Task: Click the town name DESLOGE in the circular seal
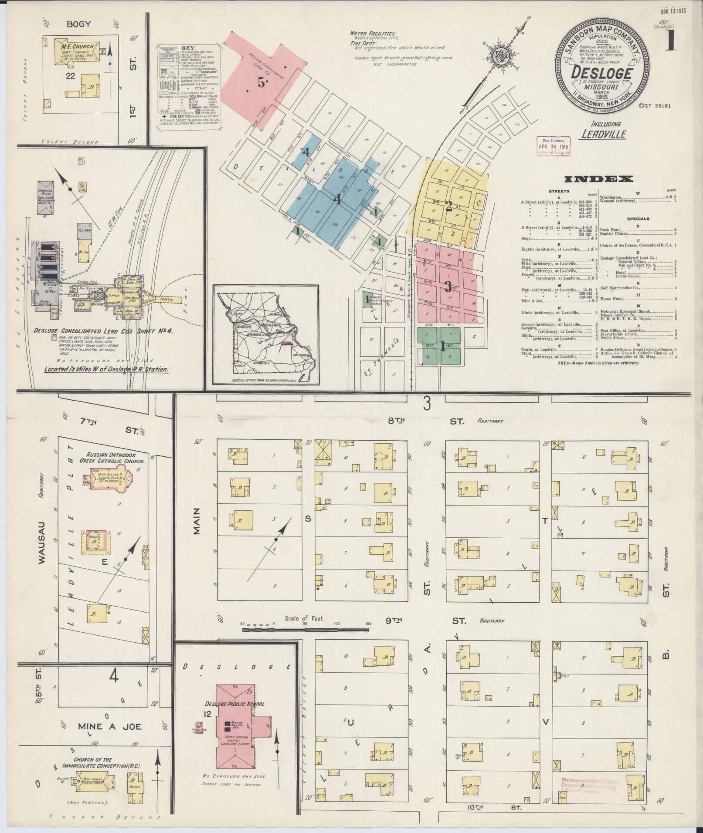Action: [602, 73]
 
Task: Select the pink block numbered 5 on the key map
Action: [261, 83]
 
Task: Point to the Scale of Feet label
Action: [305, 618]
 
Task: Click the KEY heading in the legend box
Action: [188, 48]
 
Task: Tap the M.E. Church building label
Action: [75, 46]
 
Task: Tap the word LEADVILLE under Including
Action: [604, 134]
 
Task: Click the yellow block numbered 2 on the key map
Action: [448, 206]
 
